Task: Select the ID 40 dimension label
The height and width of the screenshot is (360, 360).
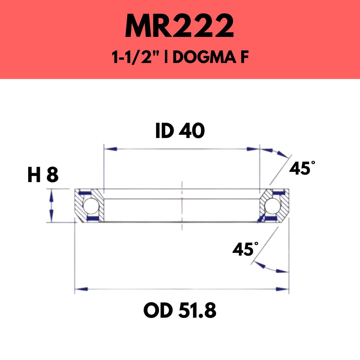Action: click(180, 131)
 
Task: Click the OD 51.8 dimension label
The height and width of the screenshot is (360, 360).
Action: click(180, 310)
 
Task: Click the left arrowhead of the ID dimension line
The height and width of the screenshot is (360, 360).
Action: click(110, 149)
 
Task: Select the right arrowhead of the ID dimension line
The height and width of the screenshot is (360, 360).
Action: click(253, 149)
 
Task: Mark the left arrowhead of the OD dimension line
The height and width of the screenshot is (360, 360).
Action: click(81, 289)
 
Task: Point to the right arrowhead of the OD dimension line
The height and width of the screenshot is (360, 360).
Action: click(282, 289)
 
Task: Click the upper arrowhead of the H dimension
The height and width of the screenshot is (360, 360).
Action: click(51, 194)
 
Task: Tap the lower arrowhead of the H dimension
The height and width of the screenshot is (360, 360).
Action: click(51, 217)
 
